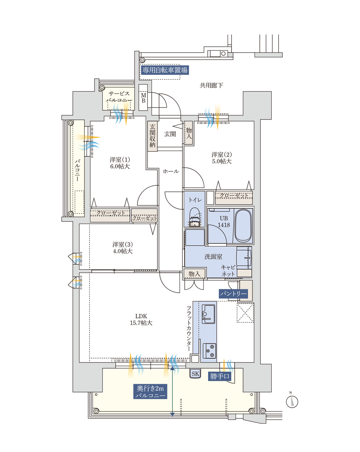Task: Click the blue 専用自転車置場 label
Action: pyautogui.click(x=164, y=70)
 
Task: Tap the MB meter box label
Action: pyautogui.click(x=143, y=98)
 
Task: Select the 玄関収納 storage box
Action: pyautogui.click(x=152, y=136)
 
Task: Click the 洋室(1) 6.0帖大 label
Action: pyautogui.click(x=120, y=163)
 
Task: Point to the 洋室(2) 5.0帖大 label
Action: pyautogui.click(x=221, y=158)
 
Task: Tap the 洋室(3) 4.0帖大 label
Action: pyautogui.click(x=123, y=248)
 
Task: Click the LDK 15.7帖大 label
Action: pyautogui.click(x=141, y=319)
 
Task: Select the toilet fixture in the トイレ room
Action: pyautogui.click(x=195, y=218)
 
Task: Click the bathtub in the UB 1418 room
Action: pyautogui.click(x=243, y=226)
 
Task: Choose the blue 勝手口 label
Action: pyautogui.click(x=220, y=376)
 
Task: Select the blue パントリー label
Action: pyautogui.click(x=233, y=293)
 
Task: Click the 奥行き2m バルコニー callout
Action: pyautogui.click(x=150, y=392)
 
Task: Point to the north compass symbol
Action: pyautogui.click(x=292, y=401)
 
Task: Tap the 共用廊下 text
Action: pyautogui.click(x=211, y=86)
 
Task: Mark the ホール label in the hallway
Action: pyautogui.click(x=171, y=171)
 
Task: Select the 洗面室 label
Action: pyautogui.click(x=213, y=257)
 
